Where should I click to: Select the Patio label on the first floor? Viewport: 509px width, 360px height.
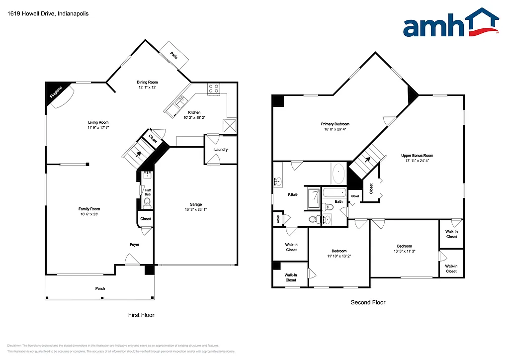pyautogui.click(x=174, y=55)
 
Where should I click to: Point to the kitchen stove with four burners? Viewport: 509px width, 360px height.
pyautogui.click(x=214, y=89)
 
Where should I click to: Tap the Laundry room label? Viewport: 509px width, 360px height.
pyautogui.click(x=221, y=150)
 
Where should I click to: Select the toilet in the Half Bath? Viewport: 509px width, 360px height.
pyautogui.click(x=147, y=203)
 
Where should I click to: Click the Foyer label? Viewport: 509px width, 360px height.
pyautogui.click(x=134, y=245)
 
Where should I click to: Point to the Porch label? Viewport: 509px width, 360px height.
pyautogui.click(x=100, y=288)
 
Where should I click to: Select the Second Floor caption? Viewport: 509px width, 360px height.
pyautogui.click(x=368, y=302)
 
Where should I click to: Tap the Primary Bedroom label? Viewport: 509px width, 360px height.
pyautogui.click(x=335, y=124)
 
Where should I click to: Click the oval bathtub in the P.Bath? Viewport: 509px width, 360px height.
pyautogui.click(x=338, y=174)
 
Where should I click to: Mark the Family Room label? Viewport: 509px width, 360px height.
pyautogui.click(x=89, y=209)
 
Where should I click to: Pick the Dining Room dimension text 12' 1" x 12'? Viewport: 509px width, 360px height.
pyautogui.click(x=147, y=88)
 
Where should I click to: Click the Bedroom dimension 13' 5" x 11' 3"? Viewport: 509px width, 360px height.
pyautogui.click(x=404, y=252)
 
